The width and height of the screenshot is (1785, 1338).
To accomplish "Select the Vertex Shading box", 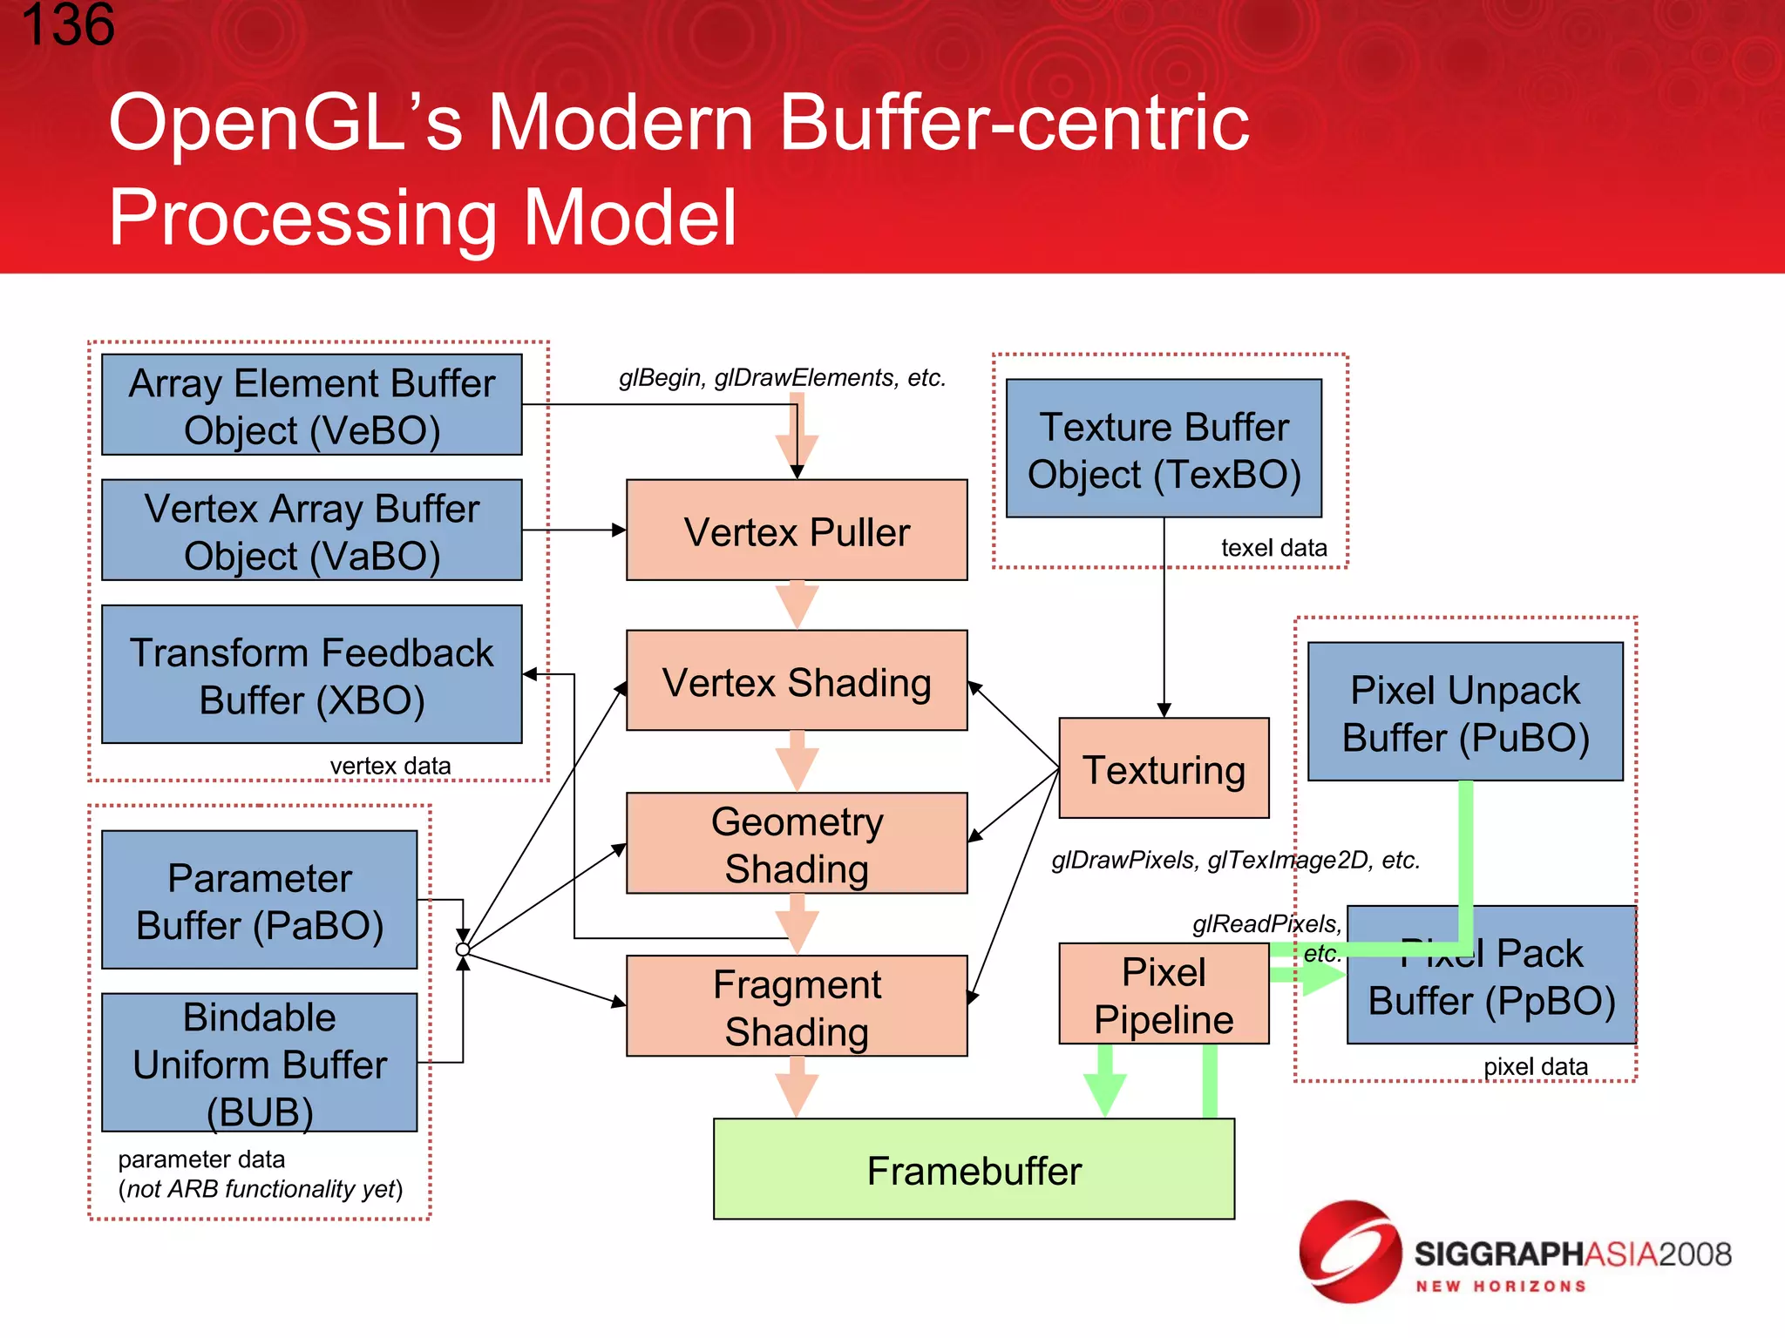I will (x=797, y=680).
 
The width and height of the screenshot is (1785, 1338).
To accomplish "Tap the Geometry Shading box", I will (x=797, y=843).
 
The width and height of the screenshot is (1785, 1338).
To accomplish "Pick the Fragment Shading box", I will (x=797, y=1006).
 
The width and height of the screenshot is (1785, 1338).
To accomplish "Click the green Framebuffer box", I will (x=974, y=1169).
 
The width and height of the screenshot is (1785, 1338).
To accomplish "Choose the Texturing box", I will (x=1164, y=768).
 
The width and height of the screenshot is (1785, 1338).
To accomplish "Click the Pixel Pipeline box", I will (x=1164, y=994).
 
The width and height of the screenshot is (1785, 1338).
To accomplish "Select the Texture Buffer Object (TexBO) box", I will (x=1164, y=449).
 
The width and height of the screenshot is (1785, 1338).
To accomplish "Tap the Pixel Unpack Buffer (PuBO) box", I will (x=1465, y=712).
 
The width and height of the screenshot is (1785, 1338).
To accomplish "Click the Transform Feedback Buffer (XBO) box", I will (x=311, y=674).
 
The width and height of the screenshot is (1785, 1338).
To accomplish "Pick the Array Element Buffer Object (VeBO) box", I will (x=311, y=405).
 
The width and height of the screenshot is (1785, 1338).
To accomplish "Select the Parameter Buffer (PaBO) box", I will (x=259, y=900).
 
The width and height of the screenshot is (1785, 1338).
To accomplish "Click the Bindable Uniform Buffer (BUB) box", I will (x=259, y=1063).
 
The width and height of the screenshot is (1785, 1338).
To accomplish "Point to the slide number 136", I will (x=68, y=24).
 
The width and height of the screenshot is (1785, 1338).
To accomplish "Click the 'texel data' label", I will (x=1273, y=548).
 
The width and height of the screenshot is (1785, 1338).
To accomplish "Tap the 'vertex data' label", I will (x=390, y=766).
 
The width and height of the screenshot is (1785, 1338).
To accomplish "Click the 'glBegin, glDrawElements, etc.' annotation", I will (x=782, y=378).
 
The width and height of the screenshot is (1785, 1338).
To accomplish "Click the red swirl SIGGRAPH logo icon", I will (x=1350, y=1252).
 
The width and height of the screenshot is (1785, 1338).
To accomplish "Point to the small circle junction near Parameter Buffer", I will (x=463, y=949).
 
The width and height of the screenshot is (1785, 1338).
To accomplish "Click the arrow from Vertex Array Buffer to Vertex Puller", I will (x=574, y=530).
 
